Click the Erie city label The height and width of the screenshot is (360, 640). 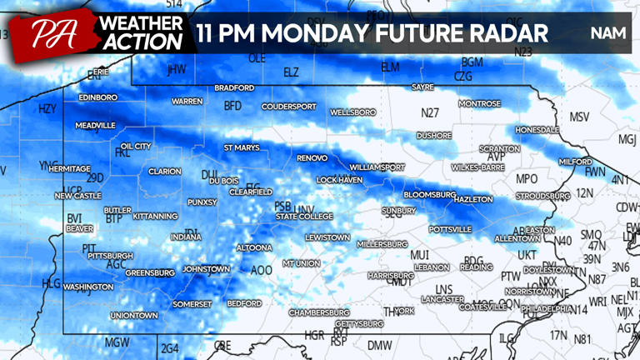click(x=100, y=72)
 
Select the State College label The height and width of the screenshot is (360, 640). click(x=304, y=217)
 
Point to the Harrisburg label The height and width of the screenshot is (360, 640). click(x=391, y=275)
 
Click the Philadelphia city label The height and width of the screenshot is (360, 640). click(x=547, y=308)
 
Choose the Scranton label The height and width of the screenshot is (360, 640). click(x=499, y=148)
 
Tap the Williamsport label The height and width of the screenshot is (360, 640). click(x=377, y=167)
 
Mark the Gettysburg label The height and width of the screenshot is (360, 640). click(x=359, y=323)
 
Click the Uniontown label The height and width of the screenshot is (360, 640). click(x=134, y=316)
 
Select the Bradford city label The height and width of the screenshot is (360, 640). click(x=234, y=87)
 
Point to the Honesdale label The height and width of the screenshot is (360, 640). click(x=537, y=131)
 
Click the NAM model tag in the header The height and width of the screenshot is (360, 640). click(x=607, y=33)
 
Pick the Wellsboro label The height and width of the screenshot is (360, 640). click(x=353, y=112)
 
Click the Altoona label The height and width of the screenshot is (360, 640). click(x=254, y=247)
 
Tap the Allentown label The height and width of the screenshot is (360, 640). click(x=517, y=238)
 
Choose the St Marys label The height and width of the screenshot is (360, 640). click(x=242, y=147)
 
